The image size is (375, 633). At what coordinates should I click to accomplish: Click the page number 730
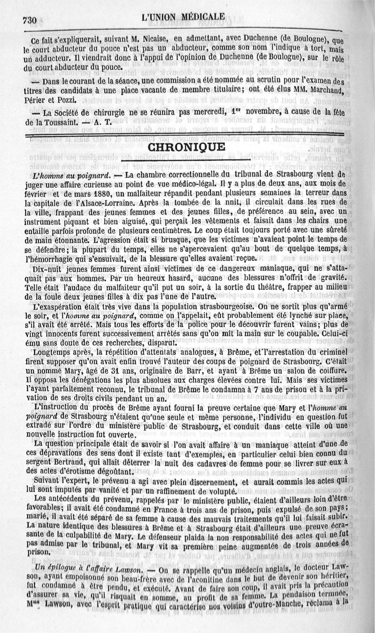[29, 20]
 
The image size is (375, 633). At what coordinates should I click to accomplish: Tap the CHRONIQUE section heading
[187, 147]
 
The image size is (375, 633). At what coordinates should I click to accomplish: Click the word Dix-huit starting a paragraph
[42, 269]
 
